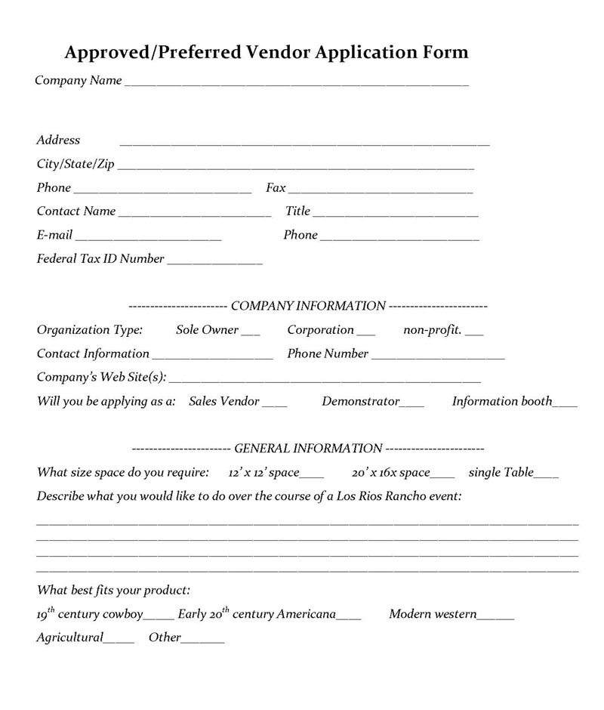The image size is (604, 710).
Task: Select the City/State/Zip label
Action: click(75, 165)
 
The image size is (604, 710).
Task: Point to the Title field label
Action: click(297, 211)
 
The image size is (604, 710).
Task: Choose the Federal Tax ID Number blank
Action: click(214, 262)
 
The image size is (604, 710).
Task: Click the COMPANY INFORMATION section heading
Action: click(308, 306)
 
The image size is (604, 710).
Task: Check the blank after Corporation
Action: click(365, 333)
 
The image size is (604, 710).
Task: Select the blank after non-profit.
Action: click(475, 333)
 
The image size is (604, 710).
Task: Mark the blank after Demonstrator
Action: click(412, 405)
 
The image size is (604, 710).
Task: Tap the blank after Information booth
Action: click(565, 405)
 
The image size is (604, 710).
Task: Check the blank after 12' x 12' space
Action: click(312, 476)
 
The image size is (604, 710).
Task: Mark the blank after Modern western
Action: click(496, 617)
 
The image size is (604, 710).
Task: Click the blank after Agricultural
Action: click(119, 641)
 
